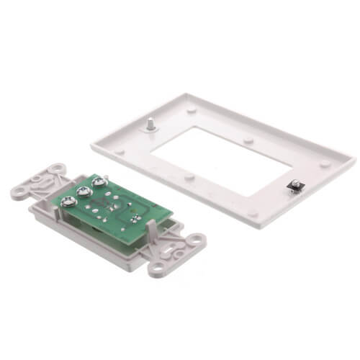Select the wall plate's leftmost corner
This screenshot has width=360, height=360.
pos(92,143)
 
